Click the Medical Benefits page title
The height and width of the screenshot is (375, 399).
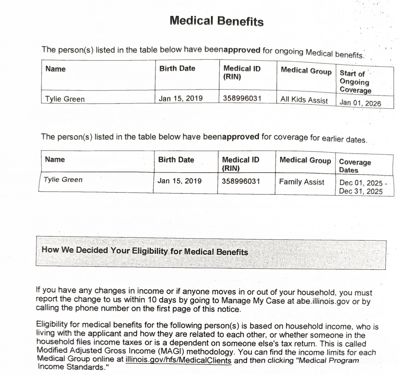pyautogui.click(x=216, y=21)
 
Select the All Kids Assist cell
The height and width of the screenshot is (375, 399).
pyautogui.click(x=304, y=100)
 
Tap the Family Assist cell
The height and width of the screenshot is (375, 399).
pyautogui.click(x=301, y=182)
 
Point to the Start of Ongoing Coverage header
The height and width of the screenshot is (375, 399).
pyautogui.click(x=355, y=82)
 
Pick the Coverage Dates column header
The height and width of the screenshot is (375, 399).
pyautogui.click(x=355, y=166)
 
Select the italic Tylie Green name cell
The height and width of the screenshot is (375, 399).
pyautogui.click(x=63, y=180)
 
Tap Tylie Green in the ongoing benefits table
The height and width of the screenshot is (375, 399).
pyautogui.click(x=65, y=99)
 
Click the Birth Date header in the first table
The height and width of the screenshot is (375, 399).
pyautogui.click(x=177, y=68)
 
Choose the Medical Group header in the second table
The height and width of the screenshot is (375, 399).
pyautogui.click(x=305, y=160)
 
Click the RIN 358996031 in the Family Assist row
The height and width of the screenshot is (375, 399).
pyautogui.click(x=241, y=181)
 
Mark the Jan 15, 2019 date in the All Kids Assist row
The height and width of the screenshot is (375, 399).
pyautogui.click(x=180, y=98)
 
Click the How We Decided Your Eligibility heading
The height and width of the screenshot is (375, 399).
pyautogui.click(x=145, y=251)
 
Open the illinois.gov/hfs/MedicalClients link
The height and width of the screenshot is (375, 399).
pyautogui.click(x=178, y=361)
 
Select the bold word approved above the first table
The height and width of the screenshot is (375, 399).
pyautogui.click(x=242, y=50)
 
